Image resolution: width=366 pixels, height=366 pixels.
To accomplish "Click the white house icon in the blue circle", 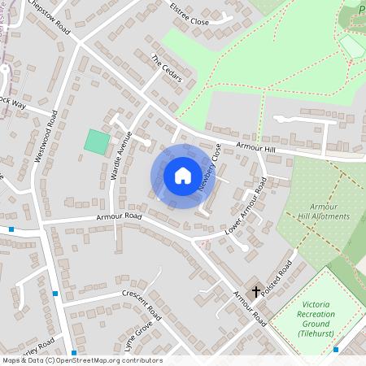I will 183,175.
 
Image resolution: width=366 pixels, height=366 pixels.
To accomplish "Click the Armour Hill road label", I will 257,147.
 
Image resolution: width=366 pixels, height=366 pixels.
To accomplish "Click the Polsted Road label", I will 277,280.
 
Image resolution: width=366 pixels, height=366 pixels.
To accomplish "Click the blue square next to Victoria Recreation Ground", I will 336,350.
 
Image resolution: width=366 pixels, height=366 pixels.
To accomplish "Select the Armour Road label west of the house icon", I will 120,217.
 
